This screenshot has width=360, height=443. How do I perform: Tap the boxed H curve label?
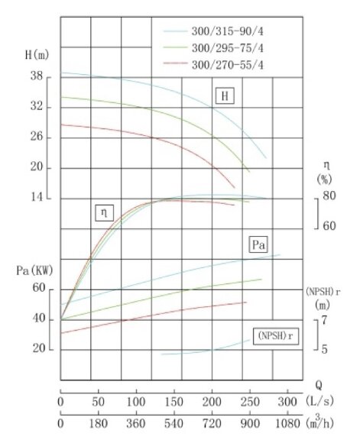pyautogui.click(x=224, y=96)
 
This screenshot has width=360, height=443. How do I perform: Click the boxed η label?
pyautogui.click(x=104, y=213)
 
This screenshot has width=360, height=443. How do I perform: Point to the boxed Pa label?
pyautogui.click(x=258, y=245)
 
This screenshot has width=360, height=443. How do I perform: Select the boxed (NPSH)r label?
pyautogui.click(x=274, y=337)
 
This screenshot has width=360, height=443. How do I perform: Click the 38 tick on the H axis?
pyautogui.click(x=37, y=77)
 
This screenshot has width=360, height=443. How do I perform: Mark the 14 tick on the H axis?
pyautogui.click(x=37, y=199)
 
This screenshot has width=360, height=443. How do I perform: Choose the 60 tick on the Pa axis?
pyautogui.click(x=38, y=288)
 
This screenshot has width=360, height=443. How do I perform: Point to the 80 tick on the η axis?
pyautogui.click(x=329, y=196)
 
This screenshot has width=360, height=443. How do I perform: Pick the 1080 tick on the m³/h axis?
pyautogui.click(x=287, y=423)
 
